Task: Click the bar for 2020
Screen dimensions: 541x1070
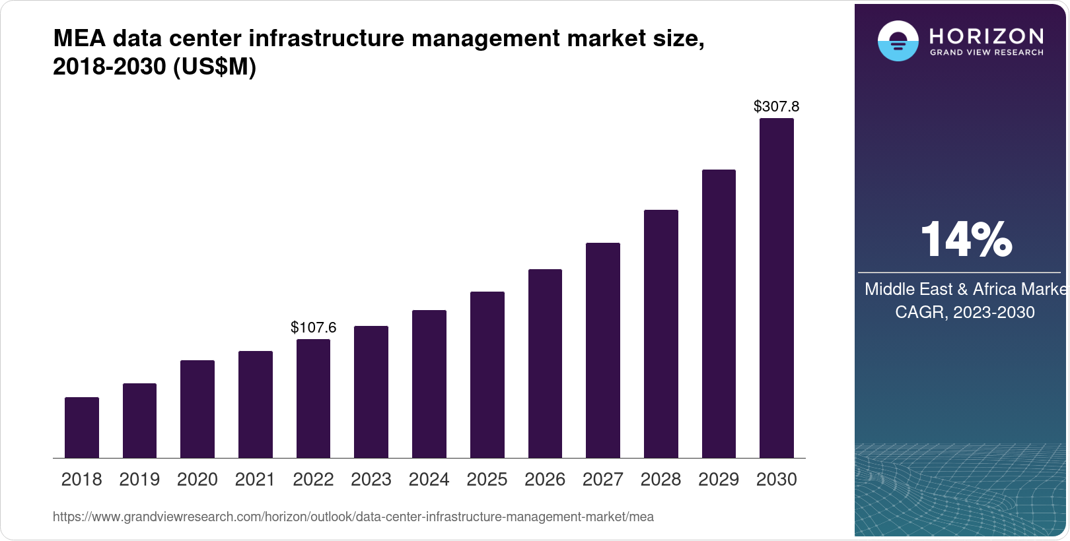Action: coord(197,409)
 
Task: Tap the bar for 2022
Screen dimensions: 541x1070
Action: coord(313,398)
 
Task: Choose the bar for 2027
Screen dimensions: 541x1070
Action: coord(602,350)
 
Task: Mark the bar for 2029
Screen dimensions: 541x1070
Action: coord(719,314)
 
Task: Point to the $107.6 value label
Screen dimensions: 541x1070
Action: coord(313,327)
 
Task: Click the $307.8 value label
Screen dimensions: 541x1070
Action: coord(776,106)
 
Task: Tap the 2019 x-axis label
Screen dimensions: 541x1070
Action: coord(139,480)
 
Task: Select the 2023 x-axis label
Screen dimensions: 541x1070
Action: coord(371,480)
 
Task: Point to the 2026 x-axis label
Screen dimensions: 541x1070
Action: coord(545,480)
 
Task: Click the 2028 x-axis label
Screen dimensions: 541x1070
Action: coord(660,480)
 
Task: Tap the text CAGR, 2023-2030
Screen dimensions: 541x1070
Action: coord(964,312)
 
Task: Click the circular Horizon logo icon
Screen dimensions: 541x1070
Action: coord(898,41)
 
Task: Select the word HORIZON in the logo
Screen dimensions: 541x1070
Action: coord(986,36)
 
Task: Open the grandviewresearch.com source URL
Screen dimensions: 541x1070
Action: coord(353,517)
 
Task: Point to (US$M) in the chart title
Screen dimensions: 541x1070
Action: coord(214,67)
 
